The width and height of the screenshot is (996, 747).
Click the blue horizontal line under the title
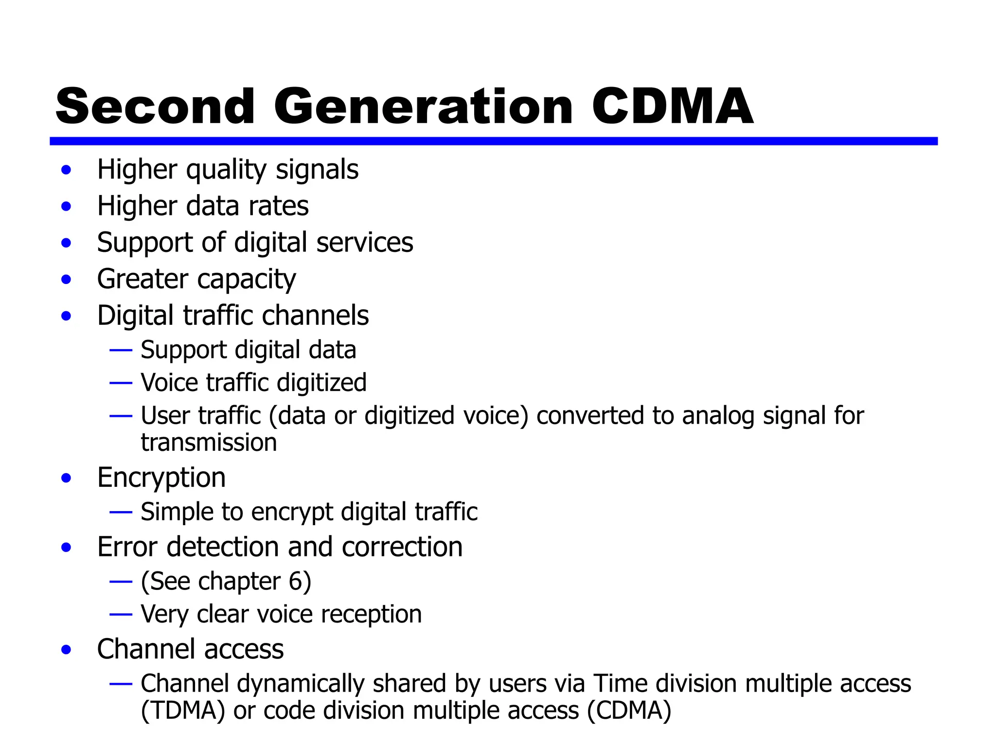coord(493,141)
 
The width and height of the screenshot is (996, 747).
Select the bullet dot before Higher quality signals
coord(67,170)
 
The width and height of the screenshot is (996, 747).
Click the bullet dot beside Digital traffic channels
coord(67,316)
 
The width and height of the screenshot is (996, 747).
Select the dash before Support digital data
coord(121,350)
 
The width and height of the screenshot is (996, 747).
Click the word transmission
coord(209,443)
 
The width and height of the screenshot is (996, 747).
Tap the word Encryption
coord(161,478)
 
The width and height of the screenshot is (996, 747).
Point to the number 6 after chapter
coord(296,581)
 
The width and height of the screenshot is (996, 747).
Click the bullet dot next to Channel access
coord(67,650)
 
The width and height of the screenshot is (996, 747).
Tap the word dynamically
coord(301,684)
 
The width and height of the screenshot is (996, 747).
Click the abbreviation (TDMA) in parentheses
coord(183,711)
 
